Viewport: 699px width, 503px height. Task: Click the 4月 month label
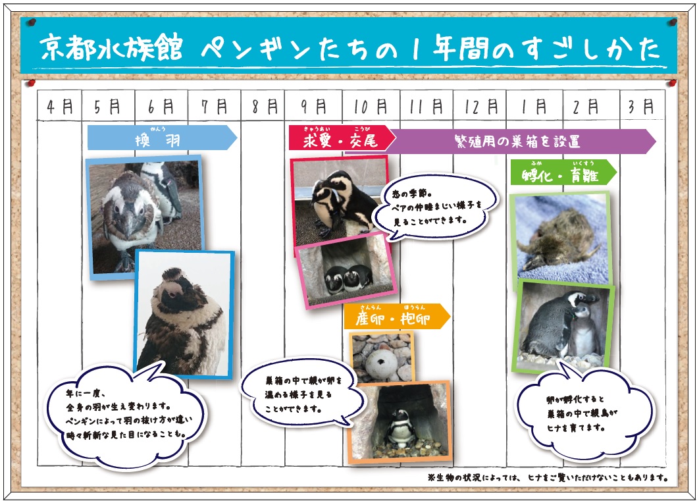coord(60,107)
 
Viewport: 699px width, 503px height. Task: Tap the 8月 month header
coord(261,107)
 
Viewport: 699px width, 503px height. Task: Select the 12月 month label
coord(479,107)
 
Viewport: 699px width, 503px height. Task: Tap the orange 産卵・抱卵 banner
coord(395,317)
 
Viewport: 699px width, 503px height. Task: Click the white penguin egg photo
coord(381,356)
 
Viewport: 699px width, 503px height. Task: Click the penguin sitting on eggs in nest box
coord(399,421)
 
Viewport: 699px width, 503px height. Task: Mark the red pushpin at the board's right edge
coord(671,84)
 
